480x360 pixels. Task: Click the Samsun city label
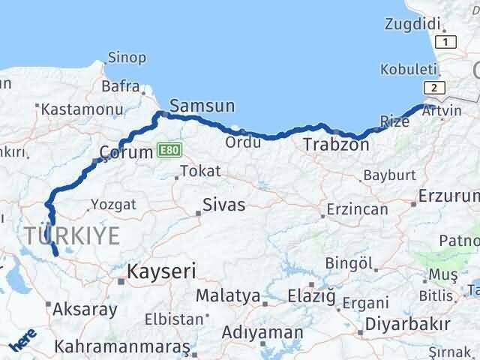202,107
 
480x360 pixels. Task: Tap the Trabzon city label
336,145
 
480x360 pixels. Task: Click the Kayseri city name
160,270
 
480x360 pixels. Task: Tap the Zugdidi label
408,24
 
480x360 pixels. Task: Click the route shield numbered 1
447,42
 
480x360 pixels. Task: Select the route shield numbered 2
433,88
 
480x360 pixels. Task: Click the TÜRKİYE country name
71,236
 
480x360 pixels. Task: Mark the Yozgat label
113,204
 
